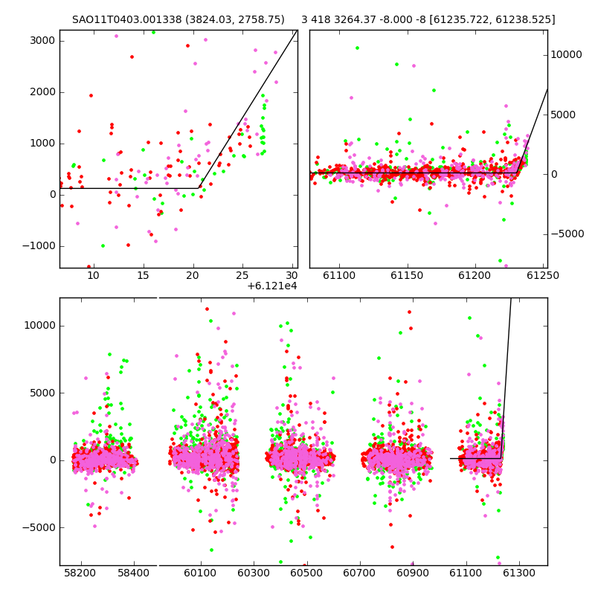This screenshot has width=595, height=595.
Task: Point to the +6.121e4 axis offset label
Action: click(x=271, y=286)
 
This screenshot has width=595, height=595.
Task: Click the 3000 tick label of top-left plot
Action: click(x=42, y=41)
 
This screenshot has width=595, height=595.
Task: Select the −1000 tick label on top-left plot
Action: click(x=39, y=246)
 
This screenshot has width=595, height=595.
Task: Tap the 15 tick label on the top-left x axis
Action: click(x=143, y=275)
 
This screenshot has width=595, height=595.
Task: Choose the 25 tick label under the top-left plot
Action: click(x=242, y=275)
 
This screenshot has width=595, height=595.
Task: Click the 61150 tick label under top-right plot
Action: click(x=407, y=275)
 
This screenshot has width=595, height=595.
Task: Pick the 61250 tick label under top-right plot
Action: click(x=543, y=275)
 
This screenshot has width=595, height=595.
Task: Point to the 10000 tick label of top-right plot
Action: click(x=566, y=54)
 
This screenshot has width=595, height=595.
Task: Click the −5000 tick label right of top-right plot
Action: click(x=567, y=234)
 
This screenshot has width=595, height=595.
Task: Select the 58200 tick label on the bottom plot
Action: click(x=80, y=572)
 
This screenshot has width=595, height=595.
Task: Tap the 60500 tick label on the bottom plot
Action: click(x=306, y=572)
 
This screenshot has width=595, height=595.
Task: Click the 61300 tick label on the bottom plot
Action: click(x=518, y=572)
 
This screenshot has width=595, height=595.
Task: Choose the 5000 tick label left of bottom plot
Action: click(x=42, y=393)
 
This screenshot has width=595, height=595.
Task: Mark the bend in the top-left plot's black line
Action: click(x=199, y=188)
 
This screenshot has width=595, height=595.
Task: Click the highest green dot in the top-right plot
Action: click(x=357, y=48)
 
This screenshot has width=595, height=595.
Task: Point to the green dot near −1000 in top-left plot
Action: click(x=103, y=246)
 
